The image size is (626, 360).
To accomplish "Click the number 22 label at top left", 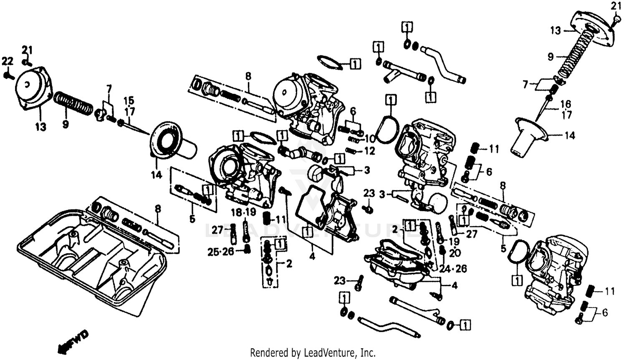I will coord(7,61).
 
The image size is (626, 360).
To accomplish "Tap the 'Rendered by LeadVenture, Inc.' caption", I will coord(313,352).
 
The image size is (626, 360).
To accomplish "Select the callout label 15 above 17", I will coord(129,101).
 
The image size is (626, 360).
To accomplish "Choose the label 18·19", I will coord(243,212).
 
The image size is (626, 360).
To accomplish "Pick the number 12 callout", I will coord(369,151).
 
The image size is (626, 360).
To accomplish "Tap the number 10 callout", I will coord(369,138).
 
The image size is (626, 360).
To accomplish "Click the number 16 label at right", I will coord(565,103).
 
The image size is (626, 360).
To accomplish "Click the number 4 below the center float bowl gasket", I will coord(312,257).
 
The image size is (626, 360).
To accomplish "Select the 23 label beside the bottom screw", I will coord(340,281).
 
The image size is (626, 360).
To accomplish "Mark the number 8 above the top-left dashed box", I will coord(248,76).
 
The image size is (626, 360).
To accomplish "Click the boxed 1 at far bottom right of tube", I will coord(466,324).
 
